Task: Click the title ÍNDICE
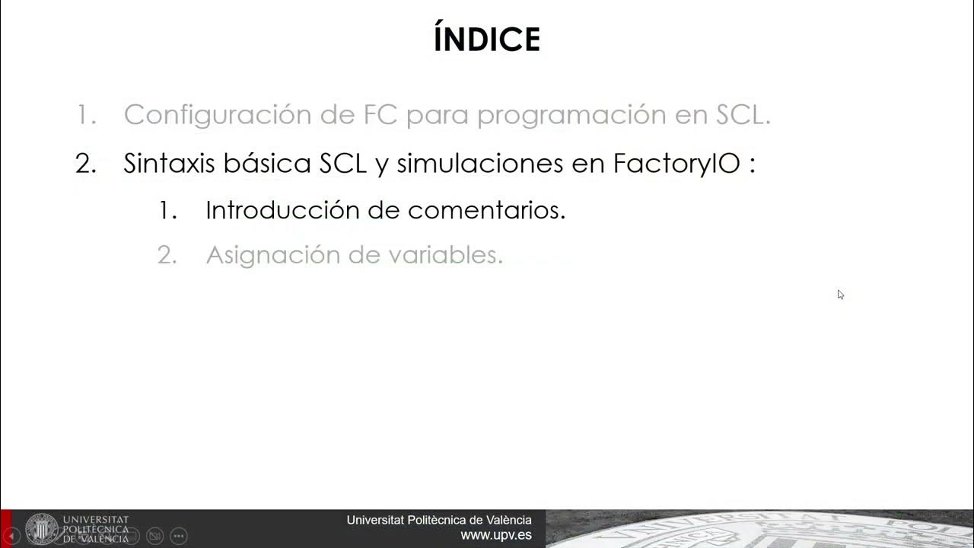coord(487,40)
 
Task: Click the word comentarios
coord(486,210)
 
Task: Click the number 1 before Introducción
coord(167,211)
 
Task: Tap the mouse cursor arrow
coord(840,294)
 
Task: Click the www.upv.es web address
coord(496,536)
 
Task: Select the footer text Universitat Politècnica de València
coord(439,520)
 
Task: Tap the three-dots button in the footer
coord(179,536)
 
